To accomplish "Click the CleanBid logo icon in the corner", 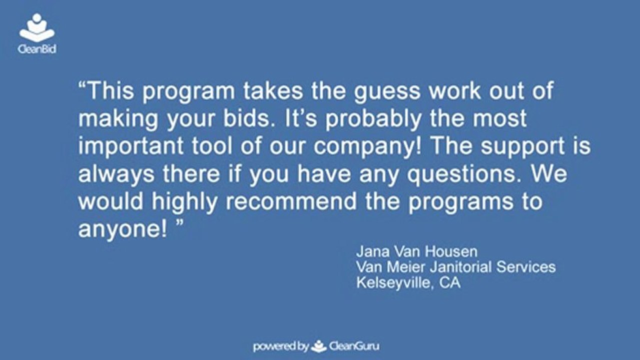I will point(37,28).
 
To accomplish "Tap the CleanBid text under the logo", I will point(37,49).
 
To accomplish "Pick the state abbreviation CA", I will point(450,282).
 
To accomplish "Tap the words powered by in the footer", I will point(280,346).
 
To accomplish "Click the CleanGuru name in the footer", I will point(357,346).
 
